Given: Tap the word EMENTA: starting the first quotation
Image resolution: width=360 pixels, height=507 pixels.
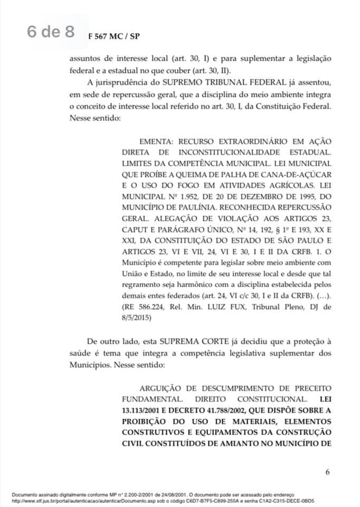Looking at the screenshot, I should (x=158, y=143).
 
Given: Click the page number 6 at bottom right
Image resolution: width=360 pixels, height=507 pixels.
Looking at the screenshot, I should (x=327, y=472).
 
